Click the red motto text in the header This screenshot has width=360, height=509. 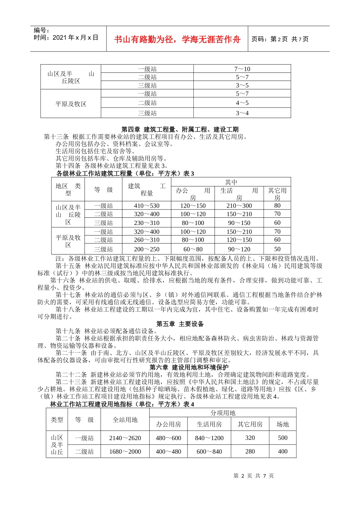177,39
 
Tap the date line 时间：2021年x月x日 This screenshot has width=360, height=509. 66,37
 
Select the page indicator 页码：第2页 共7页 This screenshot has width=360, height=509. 280,39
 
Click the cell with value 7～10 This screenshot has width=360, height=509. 242,69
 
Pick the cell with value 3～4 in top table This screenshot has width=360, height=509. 242,113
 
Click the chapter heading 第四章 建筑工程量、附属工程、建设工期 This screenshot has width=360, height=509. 180,130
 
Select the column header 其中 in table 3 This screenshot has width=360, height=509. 231,182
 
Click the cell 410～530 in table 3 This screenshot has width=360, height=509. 147,206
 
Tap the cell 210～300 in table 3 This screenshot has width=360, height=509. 239,206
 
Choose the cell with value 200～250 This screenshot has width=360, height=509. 147,249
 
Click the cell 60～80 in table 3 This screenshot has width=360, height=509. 193,249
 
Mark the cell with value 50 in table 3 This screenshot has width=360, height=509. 277,249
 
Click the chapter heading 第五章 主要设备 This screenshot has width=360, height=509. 180,324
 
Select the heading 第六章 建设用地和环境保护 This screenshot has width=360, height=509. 189,367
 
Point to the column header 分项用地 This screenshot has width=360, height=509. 223,413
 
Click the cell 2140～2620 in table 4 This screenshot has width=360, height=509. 125,438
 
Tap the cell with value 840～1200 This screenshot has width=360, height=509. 209,438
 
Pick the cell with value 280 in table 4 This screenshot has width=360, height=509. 250,451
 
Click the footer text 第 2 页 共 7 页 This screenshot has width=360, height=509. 254,476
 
